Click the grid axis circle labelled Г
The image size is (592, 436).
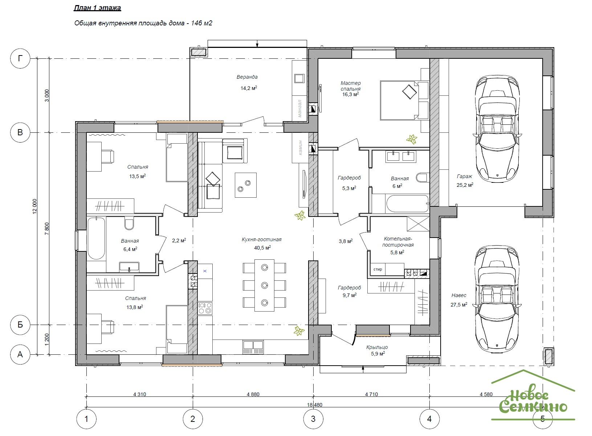20,58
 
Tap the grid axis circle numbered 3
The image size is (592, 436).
313,419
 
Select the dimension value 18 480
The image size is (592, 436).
314,405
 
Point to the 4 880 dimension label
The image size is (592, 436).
253,394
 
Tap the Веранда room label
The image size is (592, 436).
247,77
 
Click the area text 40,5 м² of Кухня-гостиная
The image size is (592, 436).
262,248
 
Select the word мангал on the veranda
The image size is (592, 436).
299,108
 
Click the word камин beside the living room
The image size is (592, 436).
300,148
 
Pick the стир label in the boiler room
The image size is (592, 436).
377,270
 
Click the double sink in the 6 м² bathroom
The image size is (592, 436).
400,156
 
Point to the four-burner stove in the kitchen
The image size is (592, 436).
205,308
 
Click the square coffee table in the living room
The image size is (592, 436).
245,185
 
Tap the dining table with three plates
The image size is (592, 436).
264,285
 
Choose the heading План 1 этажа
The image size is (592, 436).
97,8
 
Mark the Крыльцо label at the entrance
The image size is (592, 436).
377,347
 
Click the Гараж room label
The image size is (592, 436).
464,176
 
